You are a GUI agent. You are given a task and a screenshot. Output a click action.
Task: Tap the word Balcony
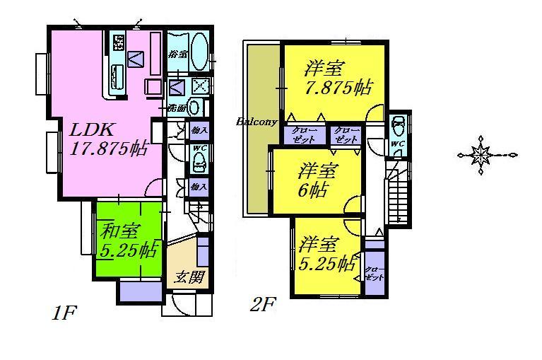[x=256, y=122]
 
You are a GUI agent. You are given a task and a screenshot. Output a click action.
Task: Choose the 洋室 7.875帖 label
[x=336, y=79]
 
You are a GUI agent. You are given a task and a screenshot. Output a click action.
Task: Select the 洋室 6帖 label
[x=316, y=180]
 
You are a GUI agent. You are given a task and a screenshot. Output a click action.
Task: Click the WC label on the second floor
[x=396, y=145]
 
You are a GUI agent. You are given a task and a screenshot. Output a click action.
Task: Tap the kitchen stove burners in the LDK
[x=119, y=42]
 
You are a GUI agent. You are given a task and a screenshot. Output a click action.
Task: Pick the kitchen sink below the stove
[x=117, y=72]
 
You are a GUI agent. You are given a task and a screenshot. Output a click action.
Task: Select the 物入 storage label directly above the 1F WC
[x=199, y=131]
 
